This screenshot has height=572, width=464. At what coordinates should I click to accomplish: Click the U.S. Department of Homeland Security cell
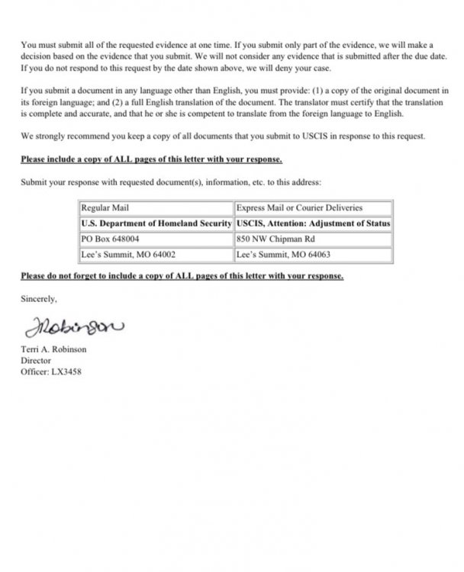point(156,223)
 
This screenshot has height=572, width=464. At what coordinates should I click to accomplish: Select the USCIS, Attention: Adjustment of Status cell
point(313,223)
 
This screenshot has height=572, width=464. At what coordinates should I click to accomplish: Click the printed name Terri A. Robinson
point(53,349)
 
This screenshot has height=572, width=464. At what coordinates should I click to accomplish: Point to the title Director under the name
point(35,361)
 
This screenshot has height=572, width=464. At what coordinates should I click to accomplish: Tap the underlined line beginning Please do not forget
point(182,275)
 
